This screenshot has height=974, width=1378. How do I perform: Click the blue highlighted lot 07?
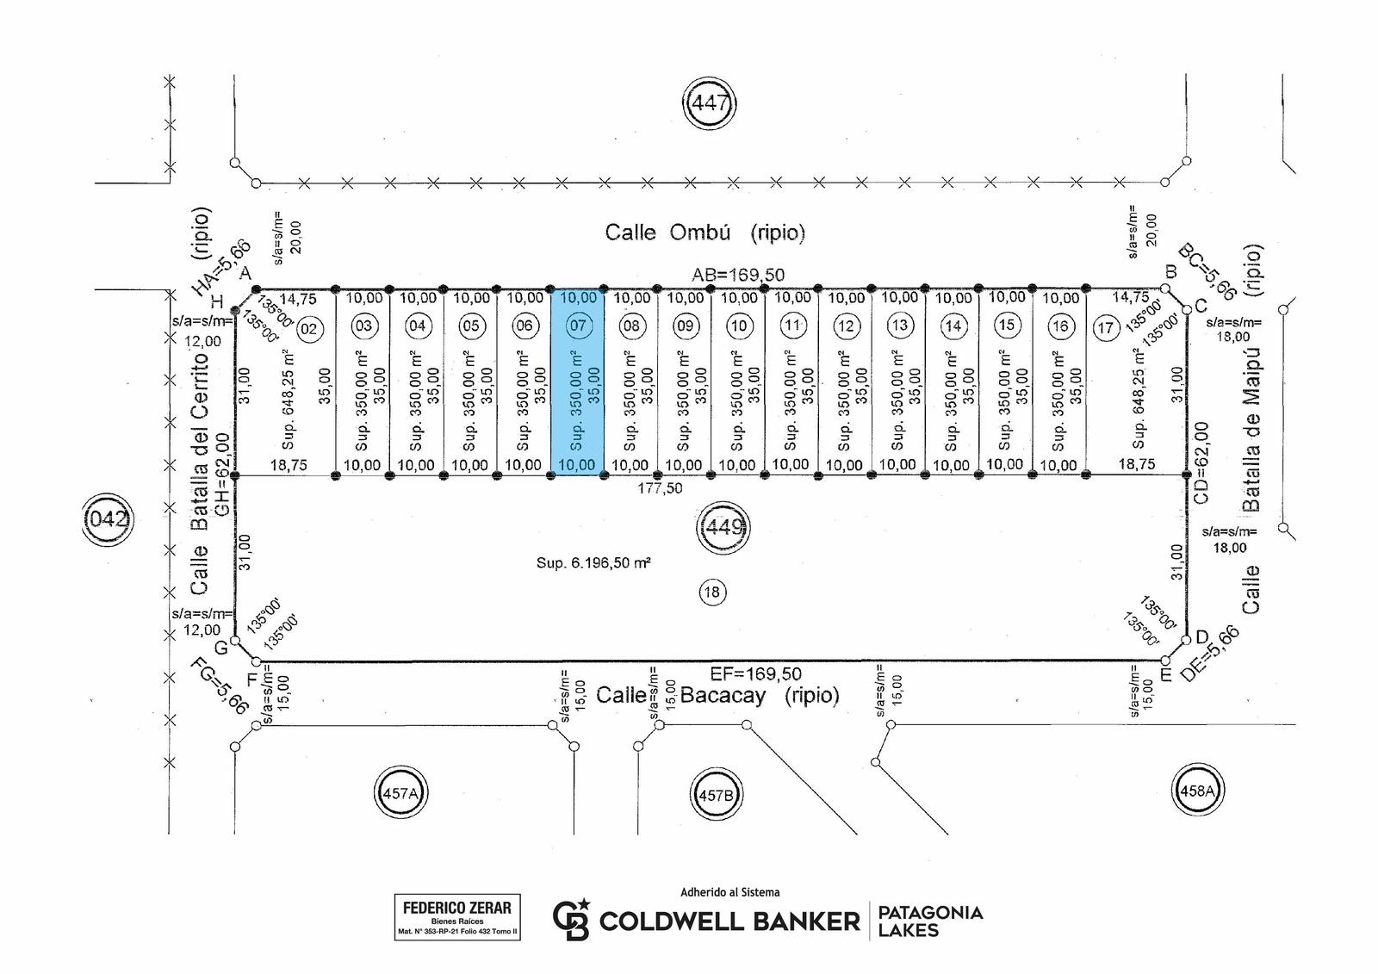click(577, 382)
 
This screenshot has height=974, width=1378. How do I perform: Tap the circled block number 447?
click(710, 102)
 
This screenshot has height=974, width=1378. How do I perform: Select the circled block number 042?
click(109, 519)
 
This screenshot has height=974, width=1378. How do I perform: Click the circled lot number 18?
click(711, 592)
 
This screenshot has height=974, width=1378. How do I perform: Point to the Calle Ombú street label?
click(705, 233)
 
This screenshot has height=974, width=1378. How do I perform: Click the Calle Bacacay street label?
click(717, 695)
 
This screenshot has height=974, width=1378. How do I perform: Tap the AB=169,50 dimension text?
click(738, 275)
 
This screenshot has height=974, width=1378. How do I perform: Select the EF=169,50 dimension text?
click(756, 673)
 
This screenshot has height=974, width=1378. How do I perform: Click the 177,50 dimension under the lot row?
click(660, 488)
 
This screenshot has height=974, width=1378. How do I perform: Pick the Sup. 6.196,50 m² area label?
click(593, 562)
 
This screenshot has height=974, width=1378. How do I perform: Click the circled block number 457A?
click(400, 792)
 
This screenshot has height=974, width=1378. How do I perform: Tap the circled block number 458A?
click(1196, 790)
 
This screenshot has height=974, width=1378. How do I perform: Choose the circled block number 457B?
click(716, 794)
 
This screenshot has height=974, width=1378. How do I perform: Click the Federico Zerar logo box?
click(457, 917)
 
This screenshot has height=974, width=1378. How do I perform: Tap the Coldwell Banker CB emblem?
click(571, 919)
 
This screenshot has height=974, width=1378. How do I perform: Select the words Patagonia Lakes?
click(930, 921)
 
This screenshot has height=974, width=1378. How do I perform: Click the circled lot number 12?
click(846, 326)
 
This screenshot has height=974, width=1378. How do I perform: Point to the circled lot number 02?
click(309, 329)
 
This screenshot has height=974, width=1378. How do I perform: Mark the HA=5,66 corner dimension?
click(220, 268)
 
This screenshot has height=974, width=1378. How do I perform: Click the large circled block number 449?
click(723, 527)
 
